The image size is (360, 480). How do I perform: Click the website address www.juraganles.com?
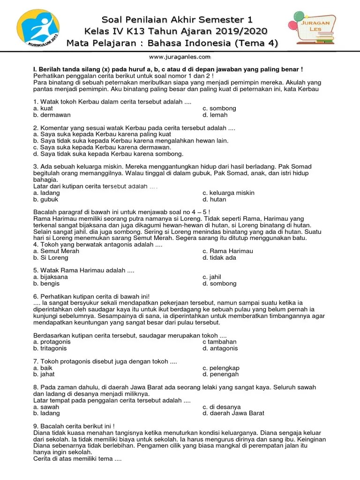click(x=180, y=57)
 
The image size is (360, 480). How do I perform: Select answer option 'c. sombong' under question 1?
click(x=219, y=108)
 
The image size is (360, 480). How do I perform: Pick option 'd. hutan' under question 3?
click(x=214, y=199)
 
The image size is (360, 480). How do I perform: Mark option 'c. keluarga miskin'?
click(x=228, y=193)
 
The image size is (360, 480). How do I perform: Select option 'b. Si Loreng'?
click(x=49, y=257)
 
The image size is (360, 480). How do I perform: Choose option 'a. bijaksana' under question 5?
click(x=50, y=277)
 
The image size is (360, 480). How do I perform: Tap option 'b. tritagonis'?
click(x=50, y=348)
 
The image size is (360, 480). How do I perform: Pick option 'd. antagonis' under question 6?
click(x=220, y=348)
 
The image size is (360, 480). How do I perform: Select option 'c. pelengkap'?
click(x=221, y=368)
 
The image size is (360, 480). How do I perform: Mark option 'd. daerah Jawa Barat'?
click(x=233, y=413)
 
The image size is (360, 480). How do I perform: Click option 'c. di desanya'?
click(x=222, y=407)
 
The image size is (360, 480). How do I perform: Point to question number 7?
click(x=36, y=361)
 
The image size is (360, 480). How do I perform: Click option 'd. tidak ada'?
click(x=219, y=257)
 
